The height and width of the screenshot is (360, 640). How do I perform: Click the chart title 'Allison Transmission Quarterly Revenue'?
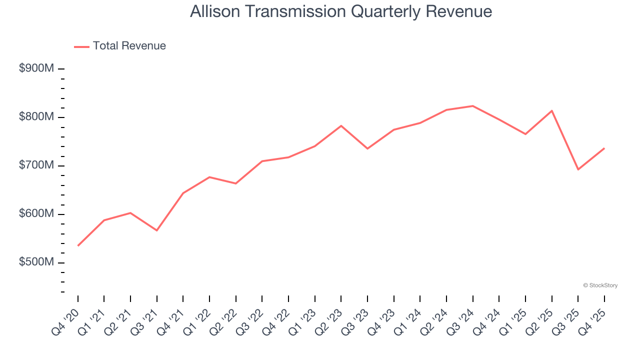pyautogui.click(x=341, y=11)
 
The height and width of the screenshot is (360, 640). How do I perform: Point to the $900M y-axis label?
pyautogui.click(x=36, y=68)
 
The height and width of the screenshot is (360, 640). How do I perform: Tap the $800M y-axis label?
pyautogui.click(x=36, y=117)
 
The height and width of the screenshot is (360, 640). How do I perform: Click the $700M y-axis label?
pyautogui.click(x=36, y=165)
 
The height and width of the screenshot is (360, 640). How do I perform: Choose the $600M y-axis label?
pyautogui.click(x=36, y=214)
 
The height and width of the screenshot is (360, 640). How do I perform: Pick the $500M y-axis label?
pyautogui.click(x=36, y=262)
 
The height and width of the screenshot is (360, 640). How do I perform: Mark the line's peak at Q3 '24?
pyautogui.click(x=472, y=106)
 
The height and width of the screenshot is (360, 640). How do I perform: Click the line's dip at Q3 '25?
pyautogui.click(x=578, y=169)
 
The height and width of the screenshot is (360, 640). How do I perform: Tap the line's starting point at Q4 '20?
pyautogui.click(x=78, y=245)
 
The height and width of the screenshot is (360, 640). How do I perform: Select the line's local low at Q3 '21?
pyautogui.click(x=157, y=230)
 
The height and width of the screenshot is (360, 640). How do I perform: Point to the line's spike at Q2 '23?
pyautogui.click(x=341, y=125)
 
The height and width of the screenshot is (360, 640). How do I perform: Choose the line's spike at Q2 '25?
pyautogui.click(x=551, y=110)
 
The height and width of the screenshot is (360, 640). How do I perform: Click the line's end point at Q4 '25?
pyautogui.click(x=604, y=148)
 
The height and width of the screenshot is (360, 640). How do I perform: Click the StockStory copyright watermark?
pyautogui.click(x=600, y=285)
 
